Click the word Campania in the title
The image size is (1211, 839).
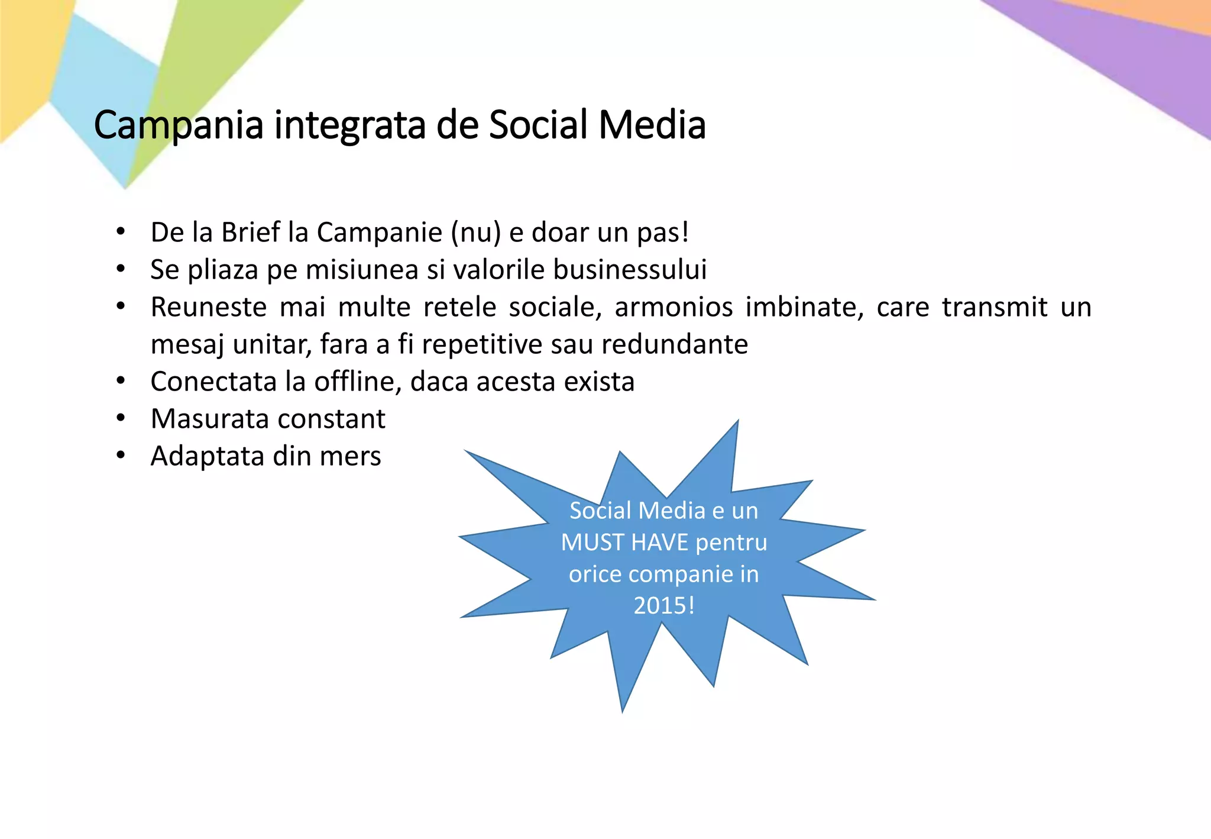click(x=178, y=125)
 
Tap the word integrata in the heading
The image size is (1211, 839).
click(x=349, y=125)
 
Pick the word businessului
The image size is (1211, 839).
click(x=630, y=270)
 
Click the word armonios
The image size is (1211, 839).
click(x=674, y=307)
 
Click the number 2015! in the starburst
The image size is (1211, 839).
click(x=663, y=606)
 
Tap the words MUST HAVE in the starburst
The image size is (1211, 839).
click(x=624, y=543)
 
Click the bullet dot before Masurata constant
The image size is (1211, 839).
click(x=121, y=419)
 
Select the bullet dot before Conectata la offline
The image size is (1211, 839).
click(x=121, y=382)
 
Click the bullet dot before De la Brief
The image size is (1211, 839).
click(x=121, y=232)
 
